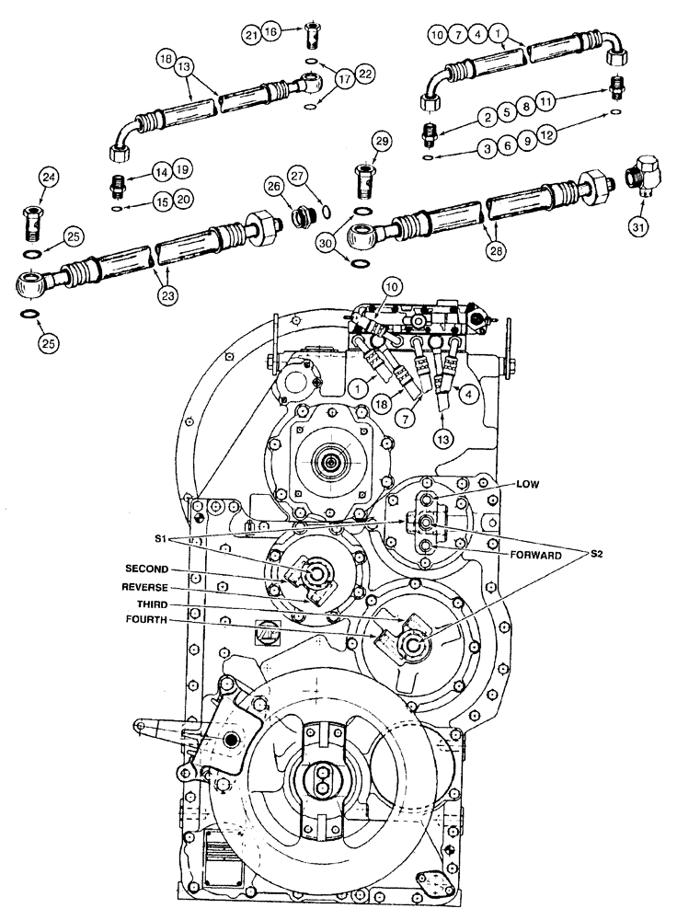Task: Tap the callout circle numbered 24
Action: click(49, 178)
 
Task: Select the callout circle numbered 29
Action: click(382, 140)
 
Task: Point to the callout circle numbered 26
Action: click(273, 187)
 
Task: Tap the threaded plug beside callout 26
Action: click(301, 218)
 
